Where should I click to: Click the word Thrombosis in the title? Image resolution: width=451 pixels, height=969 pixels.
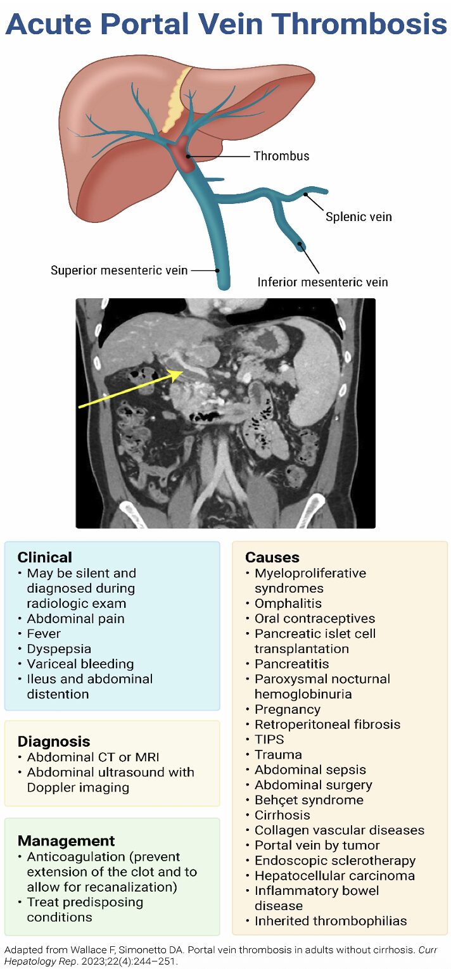click(357, 24)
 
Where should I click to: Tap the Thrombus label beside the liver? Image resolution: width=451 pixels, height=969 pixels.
click(281, 156)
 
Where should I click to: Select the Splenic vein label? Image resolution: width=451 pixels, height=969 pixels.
click(359, 217)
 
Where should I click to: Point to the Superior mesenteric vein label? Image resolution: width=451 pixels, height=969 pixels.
click(119, 270)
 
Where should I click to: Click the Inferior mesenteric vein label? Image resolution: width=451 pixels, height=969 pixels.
click(322, 282)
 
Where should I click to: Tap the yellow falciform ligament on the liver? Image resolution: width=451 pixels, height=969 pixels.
click(176, 100)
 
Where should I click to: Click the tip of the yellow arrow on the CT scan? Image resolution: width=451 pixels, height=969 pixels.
click(182, 370)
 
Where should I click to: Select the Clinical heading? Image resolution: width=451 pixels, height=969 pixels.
click(44, 557)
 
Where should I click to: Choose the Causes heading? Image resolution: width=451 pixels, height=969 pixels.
click(272, 557)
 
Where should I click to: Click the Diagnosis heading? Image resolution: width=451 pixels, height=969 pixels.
click(54, 742)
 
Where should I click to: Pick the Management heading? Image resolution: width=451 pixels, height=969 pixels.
click(67, 840)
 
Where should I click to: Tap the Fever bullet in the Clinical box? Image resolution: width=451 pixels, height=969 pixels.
click(44, 633)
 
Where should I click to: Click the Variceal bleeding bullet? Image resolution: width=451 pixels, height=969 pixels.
click(80, 664)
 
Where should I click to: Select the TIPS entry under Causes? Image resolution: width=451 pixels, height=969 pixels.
click(269, 739)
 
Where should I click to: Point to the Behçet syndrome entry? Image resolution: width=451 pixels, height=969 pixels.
click(308, 800)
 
